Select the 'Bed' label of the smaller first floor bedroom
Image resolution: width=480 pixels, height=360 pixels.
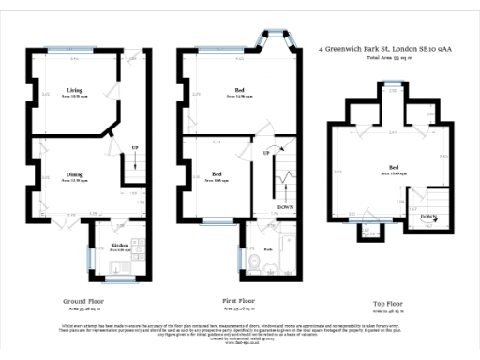(x=217, y=173)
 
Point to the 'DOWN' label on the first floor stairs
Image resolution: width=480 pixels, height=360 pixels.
(x=285, y=206)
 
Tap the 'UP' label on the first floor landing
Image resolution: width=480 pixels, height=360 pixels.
(x=266, y=152)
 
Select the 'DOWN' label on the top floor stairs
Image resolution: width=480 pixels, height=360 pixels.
(x=427, y=217)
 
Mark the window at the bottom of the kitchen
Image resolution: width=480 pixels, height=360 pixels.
(x=119, y=278)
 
